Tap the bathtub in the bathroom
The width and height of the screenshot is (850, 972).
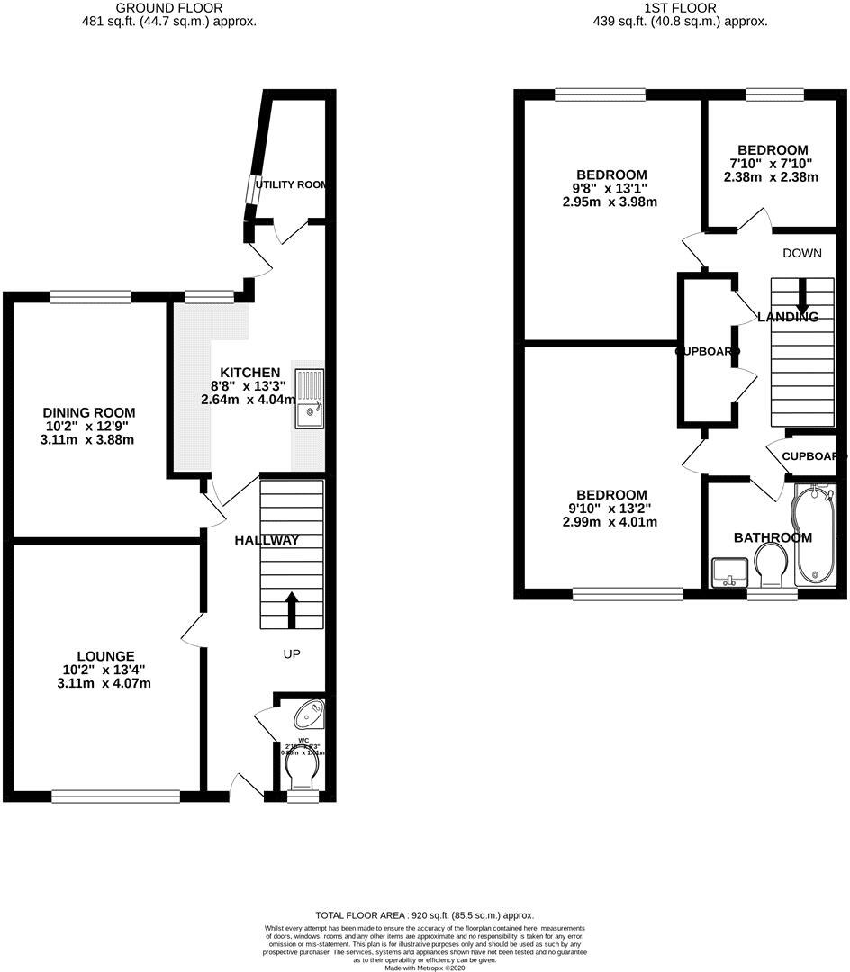(816, 535)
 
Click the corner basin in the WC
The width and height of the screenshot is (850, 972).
(311, 713)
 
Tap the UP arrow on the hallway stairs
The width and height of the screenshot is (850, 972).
(292, 608)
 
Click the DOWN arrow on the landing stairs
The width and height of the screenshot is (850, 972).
(801, 297)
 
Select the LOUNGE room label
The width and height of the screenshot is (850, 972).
(105, 656)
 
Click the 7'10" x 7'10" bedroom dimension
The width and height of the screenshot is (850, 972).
(772, 164)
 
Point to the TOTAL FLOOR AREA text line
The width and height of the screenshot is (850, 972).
(424, 913)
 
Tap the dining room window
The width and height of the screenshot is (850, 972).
(91, 296)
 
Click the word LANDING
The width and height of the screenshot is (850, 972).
(788, 317)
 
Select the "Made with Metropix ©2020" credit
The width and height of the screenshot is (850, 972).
(425, 967)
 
